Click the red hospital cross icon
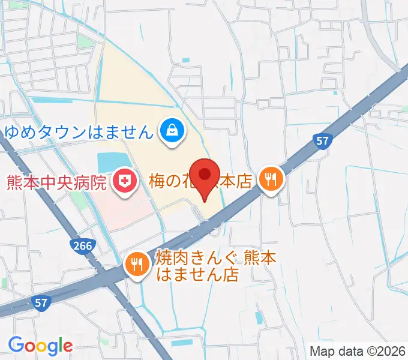124,181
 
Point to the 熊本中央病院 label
57,181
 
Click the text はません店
197,275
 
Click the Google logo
40,345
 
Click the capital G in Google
16,344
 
